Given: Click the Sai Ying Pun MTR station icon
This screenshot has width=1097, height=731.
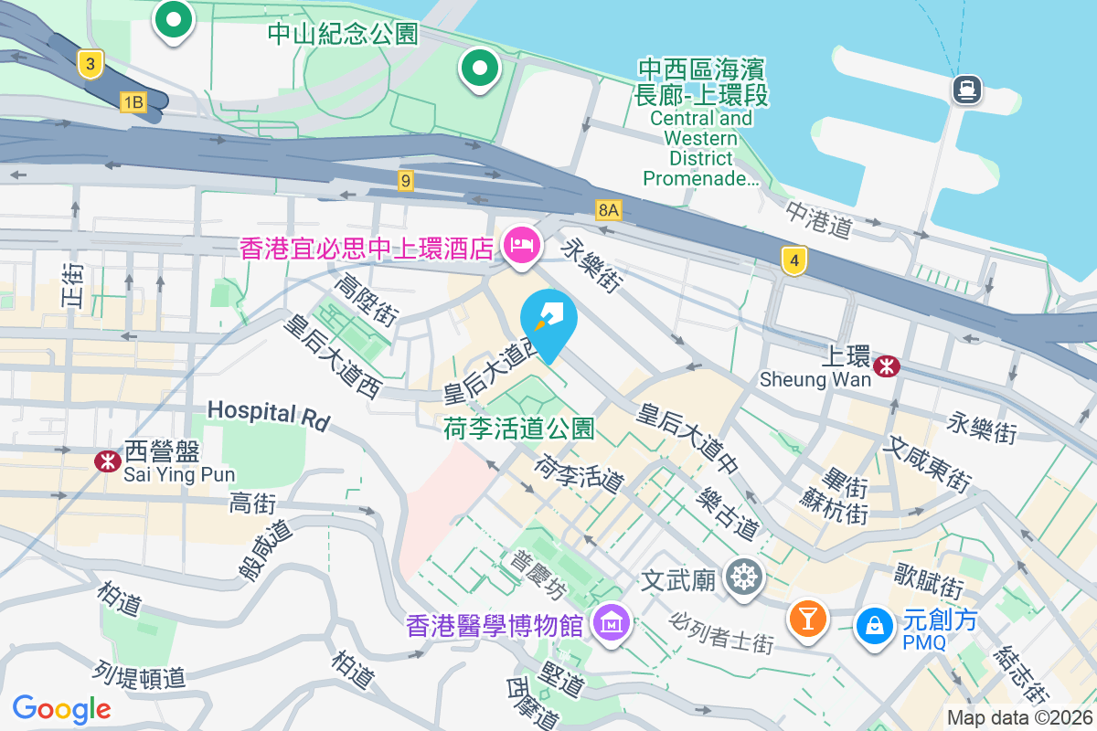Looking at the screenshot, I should click(108, 461).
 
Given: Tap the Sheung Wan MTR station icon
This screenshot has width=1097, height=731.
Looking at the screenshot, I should click(885, 366).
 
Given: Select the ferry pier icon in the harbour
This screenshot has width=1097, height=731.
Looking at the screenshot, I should click(966, 90).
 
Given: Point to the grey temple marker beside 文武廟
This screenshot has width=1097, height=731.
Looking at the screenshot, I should click(742, 577).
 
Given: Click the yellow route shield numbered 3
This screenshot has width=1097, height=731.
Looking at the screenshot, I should click(89, 64).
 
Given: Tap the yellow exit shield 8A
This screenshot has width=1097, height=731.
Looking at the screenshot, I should click(609, 210).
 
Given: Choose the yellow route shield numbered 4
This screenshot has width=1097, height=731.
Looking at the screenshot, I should click(794, 261).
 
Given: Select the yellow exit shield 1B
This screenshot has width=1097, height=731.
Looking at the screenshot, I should click(133, 101).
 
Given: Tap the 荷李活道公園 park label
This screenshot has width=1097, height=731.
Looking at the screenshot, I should click(519, 429).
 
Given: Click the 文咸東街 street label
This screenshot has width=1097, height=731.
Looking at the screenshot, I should click(926, 462).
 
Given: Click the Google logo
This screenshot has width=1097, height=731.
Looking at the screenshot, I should click(62, 708).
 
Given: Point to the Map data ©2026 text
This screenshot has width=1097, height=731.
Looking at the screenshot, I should click(1019, 718).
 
